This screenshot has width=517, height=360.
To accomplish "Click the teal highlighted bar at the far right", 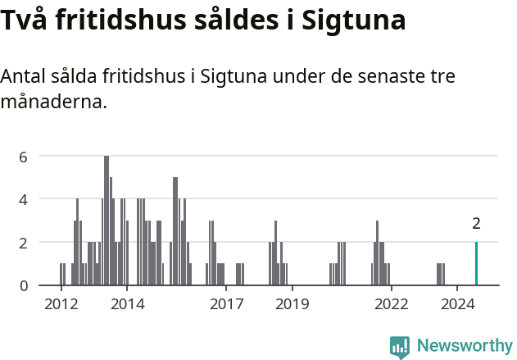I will pos(476,264).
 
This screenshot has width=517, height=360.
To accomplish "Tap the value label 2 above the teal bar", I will pos(476,223).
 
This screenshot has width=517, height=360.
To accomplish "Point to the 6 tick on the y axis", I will pos(24,156).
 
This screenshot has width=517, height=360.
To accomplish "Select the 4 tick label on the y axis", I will pos(24,199).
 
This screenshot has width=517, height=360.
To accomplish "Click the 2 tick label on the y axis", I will pos(24,243).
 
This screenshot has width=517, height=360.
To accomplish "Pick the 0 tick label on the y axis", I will pos(24,285).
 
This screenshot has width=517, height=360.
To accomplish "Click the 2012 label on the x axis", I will pos(61,303).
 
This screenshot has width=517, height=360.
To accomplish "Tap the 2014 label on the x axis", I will pos(126,303).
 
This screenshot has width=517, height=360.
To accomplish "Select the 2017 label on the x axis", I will pos(226,303).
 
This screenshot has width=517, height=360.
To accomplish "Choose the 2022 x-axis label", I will pos(392,303).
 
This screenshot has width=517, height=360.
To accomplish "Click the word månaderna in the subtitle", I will pos(54,103).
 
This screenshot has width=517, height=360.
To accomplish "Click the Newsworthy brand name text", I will pos(464,345).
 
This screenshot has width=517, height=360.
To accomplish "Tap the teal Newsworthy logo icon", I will pos(400,347).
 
